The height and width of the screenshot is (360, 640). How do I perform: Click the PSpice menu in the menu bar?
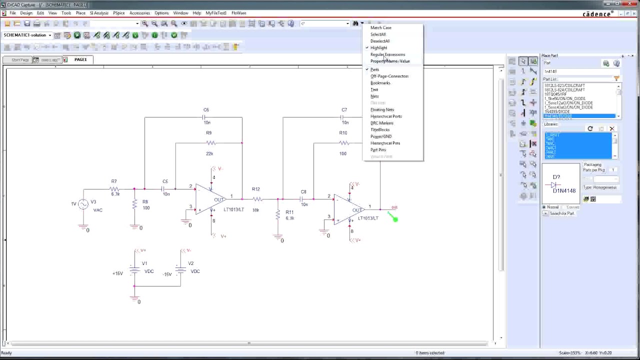118,13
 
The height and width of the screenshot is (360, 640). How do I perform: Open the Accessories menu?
139,13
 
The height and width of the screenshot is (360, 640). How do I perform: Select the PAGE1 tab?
80,59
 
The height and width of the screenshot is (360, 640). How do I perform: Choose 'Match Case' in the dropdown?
380,27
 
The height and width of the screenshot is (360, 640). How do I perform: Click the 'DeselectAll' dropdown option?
379,41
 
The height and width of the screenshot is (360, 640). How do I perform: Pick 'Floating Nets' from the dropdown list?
382,109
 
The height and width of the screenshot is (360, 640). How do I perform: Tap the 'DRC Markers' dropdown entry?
381,123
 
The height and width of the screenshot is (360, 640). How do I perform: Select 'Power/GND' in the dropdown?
380,136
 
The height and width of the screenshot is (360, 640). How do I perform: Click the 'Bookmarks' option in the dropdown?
380,83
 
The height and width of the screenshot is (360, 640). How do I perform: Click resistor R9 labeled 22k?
209,143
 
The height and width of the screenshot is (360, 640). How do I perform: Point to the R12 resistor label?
255,189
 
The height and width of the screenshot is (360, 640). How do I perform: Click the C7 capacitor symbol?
344,117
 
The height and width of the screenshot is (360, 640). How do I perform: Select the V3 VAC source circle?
83,204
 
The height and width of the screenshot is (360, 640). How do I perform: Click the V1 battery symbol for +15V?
134,270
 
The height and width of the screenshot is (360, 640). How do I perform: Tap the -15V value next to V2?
167,274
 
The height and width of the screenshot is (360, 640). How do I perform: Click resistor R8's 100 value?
145,207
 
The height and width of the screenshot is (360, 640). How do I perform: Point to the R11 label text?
289,212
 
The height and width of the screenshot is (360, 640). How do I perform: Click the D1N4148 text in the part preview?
563,190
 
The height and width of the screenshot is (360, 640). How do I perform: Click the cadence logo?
598,14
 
